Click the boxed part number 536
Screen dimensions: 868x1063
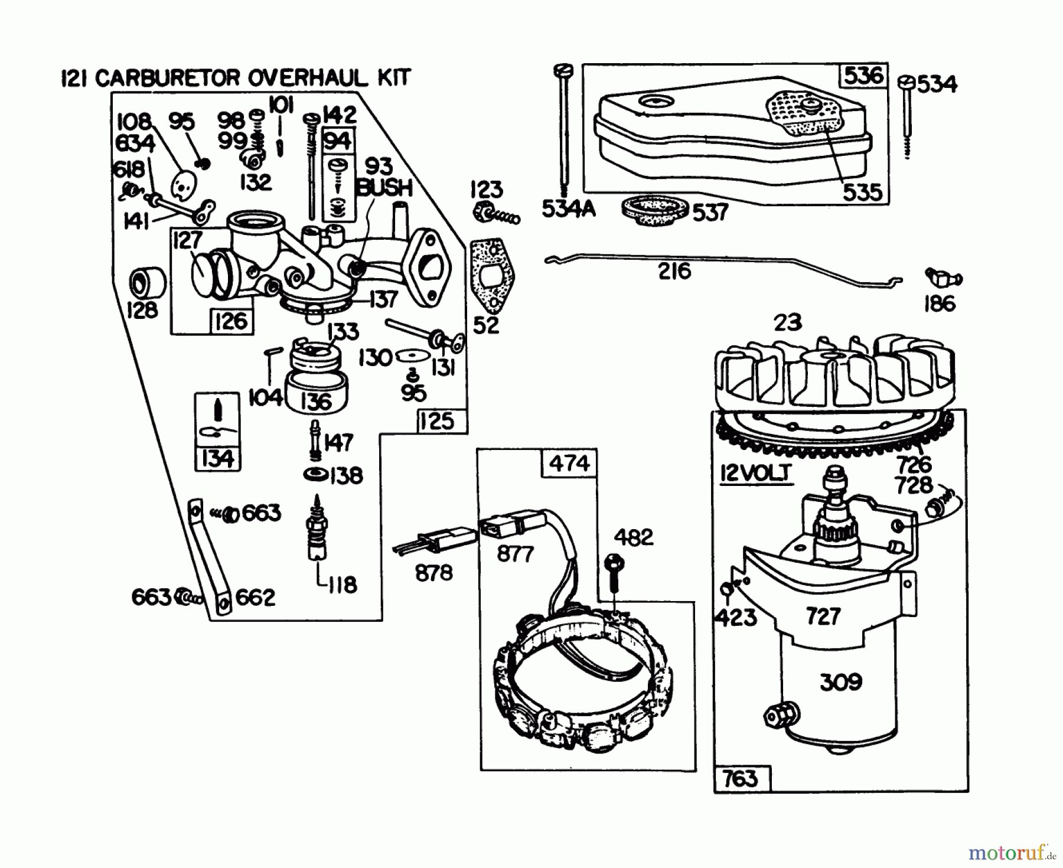tap(863, 76)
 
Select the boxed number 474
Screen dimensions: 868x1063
tap(569, 463)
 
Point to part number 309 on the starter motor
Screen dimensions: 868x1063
tap(841, 683)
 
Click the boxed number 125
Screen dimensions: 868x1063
tap(437, 421)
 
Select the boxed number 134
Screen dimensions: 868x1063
tap(217, 459)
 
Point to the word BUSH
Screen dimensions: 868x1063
tap(385, 188)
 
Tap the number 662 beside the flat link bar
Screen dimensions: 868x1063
tap(255, 598)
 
